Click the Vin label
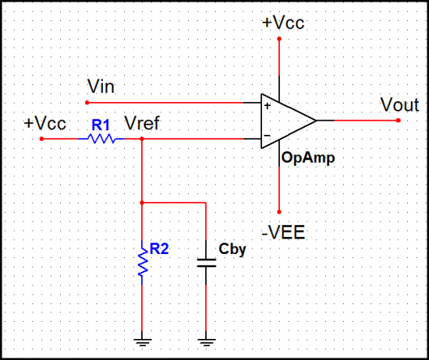[102, 86]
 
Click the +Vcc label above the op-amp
[283, 23]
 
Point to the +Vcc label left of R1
[44, 123]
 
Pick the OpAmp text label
[309, 158]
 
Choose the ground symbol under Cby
[206, 340]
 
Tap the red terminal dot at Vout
[398, 121]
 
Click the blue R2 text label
[160, 249]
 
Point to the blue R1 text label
[101, 124]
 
